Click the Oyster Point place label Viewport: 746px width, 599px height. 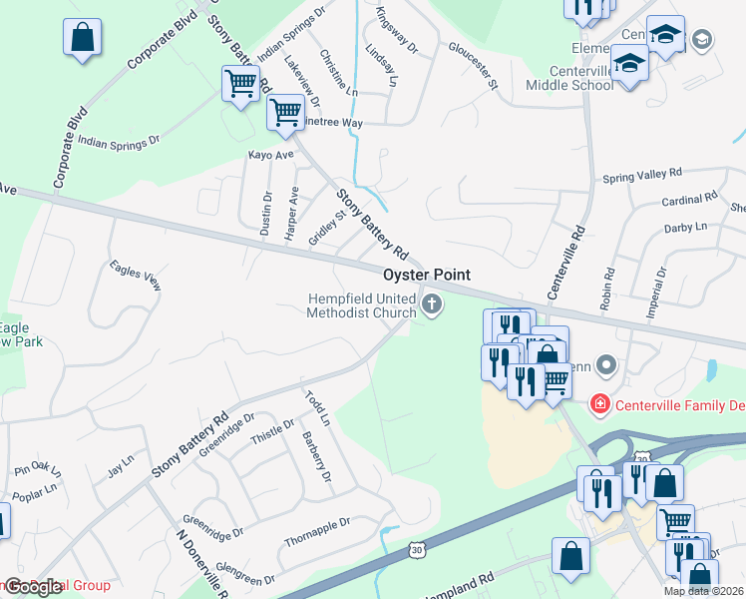coord(426,275)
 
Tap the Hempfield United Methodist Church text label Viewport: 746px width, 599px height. coord(361,305)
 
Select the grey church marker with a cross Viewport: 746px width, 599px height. coord(431,305)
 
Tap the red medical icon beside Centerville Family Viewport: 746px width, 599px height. coord(599,404)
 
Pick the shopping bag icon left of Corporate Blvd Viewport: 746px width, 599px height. coord(82,38)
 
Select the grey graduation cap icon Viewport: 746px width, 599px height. coord(702,39)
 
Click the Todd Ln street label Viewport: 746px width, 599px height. coord(317,408)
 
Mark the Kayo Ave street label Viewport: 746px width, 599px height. coord(270,156)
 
